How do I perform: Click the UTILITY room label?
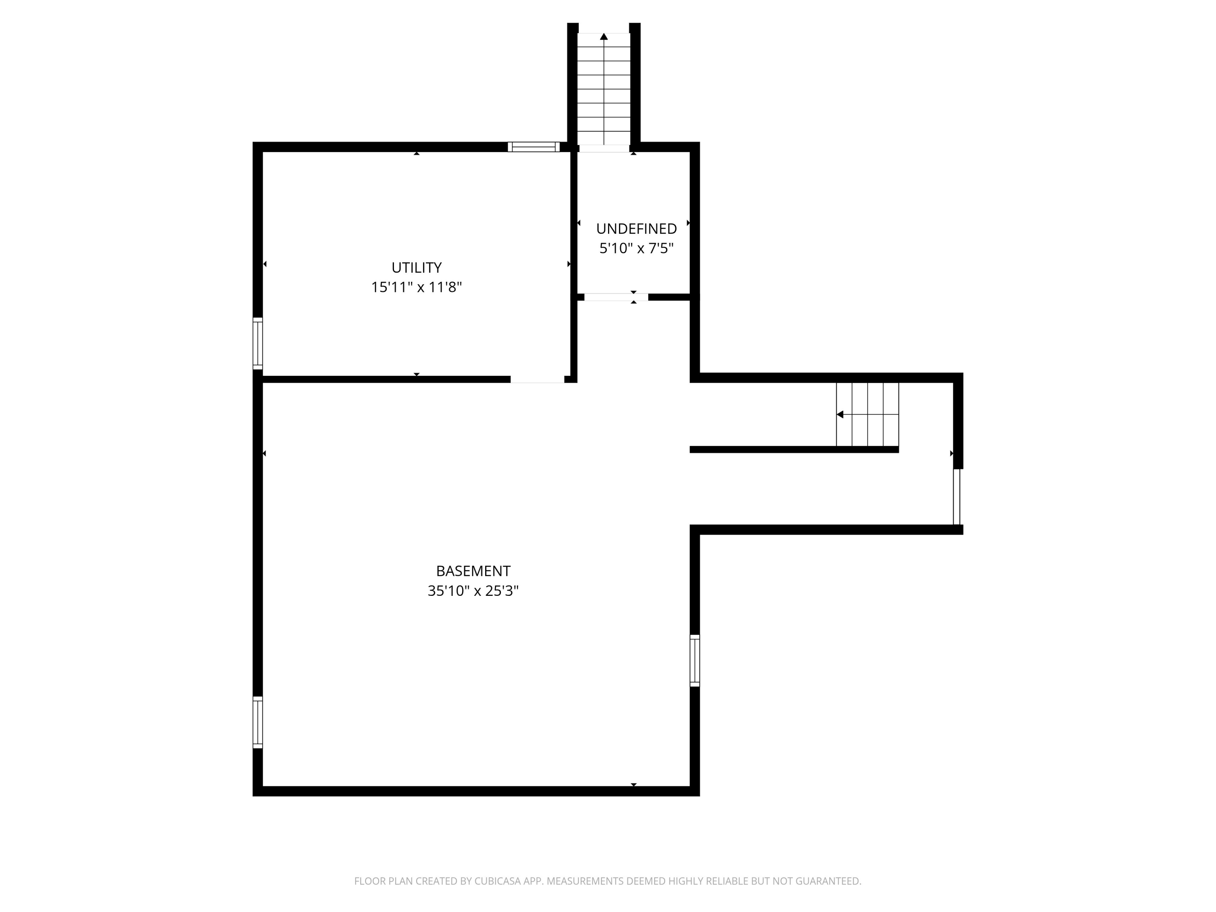click(x=416, y=268)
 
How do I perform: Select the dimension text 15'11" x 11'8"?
click(x=416, y=287)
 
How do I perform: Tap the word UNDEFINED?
click(x=636, y=229)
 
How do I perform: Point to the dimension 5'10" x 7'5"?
click(x=636, y=248)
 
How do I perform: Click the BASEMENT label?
click(x=473, y=571)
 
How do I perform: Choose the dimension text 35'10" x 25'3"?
click(x=473, y=591)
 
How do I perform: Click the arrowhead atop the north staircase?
click(x=604, y=37)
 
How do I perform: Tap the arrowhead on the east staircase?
click(x=840, y=415)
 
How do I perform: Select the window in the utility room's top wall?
click(x=533, y=147)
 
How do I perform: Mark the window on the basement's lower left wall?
click(x=257, y=722)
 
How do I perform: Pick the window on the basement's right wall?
click(x=695, y=660)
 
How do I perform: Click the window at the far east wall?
click(x=957, y=497)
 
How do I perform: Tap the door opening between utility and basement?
click(x=537, y=379)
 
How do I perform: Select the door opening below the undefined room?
click(x=616, y=298)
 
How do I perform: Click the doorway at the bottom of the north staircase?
click(x=604, y=148)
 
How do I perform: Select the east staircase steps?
click(x=867, y=415)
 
